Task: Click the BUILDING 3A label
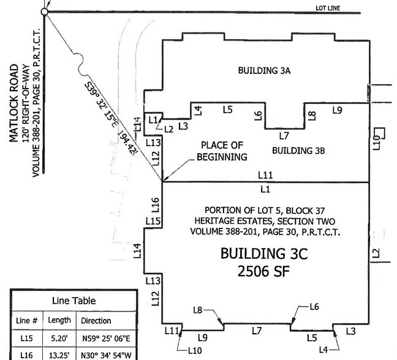[x=263, y=71]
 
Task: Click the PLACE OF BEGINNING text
[x=222, y=151]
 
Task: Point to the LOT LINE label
[x=327, y=8]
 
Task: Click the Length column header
[x=59, y=320]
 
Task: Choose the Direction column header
[x=96, y=320]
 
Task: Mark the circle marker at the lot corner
[x=45, y=12]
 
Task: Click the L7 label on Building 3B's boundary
[x=284, y=135]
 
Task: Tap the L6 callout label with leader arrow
[x=314, y=306]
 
